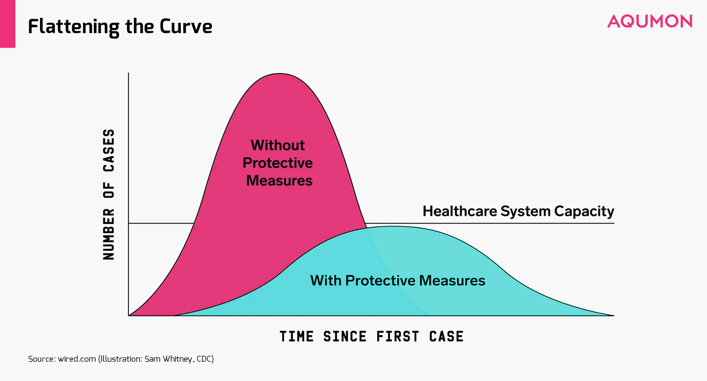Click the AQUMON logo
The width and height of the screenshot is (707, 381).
coord(650,21)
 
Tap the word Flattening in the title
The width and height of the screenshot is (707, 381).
coord(74,27)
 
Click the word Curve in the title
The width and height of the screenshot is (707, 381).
coord(186,26)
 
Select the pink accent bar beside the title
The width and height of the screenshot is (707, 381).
coord(7,24)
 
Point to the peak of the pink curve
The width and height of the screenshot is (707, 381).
coord(280,74)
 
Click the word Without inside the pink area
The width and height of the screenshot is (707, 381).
coord(278,145)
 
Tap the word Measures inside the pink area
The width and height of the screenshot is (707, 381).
coord(279,181)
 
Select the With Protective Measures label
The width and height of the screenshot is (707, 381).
coord(398,281)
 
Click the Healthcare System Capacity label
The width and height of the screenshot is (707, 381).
coord(519,211)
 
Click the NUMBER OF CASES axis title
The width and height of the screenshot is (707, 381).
coord(109,194)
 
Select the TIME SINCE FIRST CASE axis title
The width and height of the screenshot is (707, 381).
coord(372,336)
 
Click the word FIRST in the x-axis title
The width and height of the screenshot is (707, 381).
coord(398,336)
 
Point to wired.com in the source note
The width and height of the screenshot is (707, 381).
coord(77,359)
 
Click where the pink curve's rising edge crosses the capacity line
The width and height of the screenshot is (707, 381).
coord(194,223)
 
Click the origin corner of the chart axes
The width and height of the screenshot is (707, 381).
coord(128,316)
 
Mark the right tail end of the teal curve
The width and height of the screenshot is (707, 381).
coord(614,315)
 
